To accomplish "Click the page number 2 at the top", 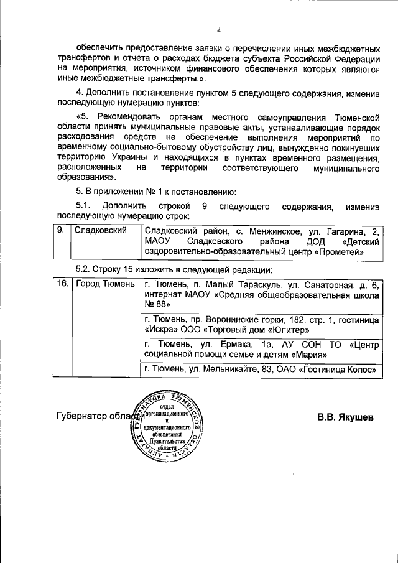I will pyautogui.click(x=218, y=29).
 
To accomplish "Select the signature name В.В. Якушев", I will pyautogui.click(x=345, y=416).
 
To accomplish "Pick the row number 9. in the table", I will pyautogui.click(x=61, y=231).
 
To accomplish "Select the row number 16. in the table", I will pyautogui.click(x=62, y=284).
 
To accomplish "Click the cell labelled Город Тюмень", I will pyautogui.click(x=104, y=284).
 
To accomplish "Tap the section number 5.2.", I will pyautogui.click(x=83, y=269).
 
